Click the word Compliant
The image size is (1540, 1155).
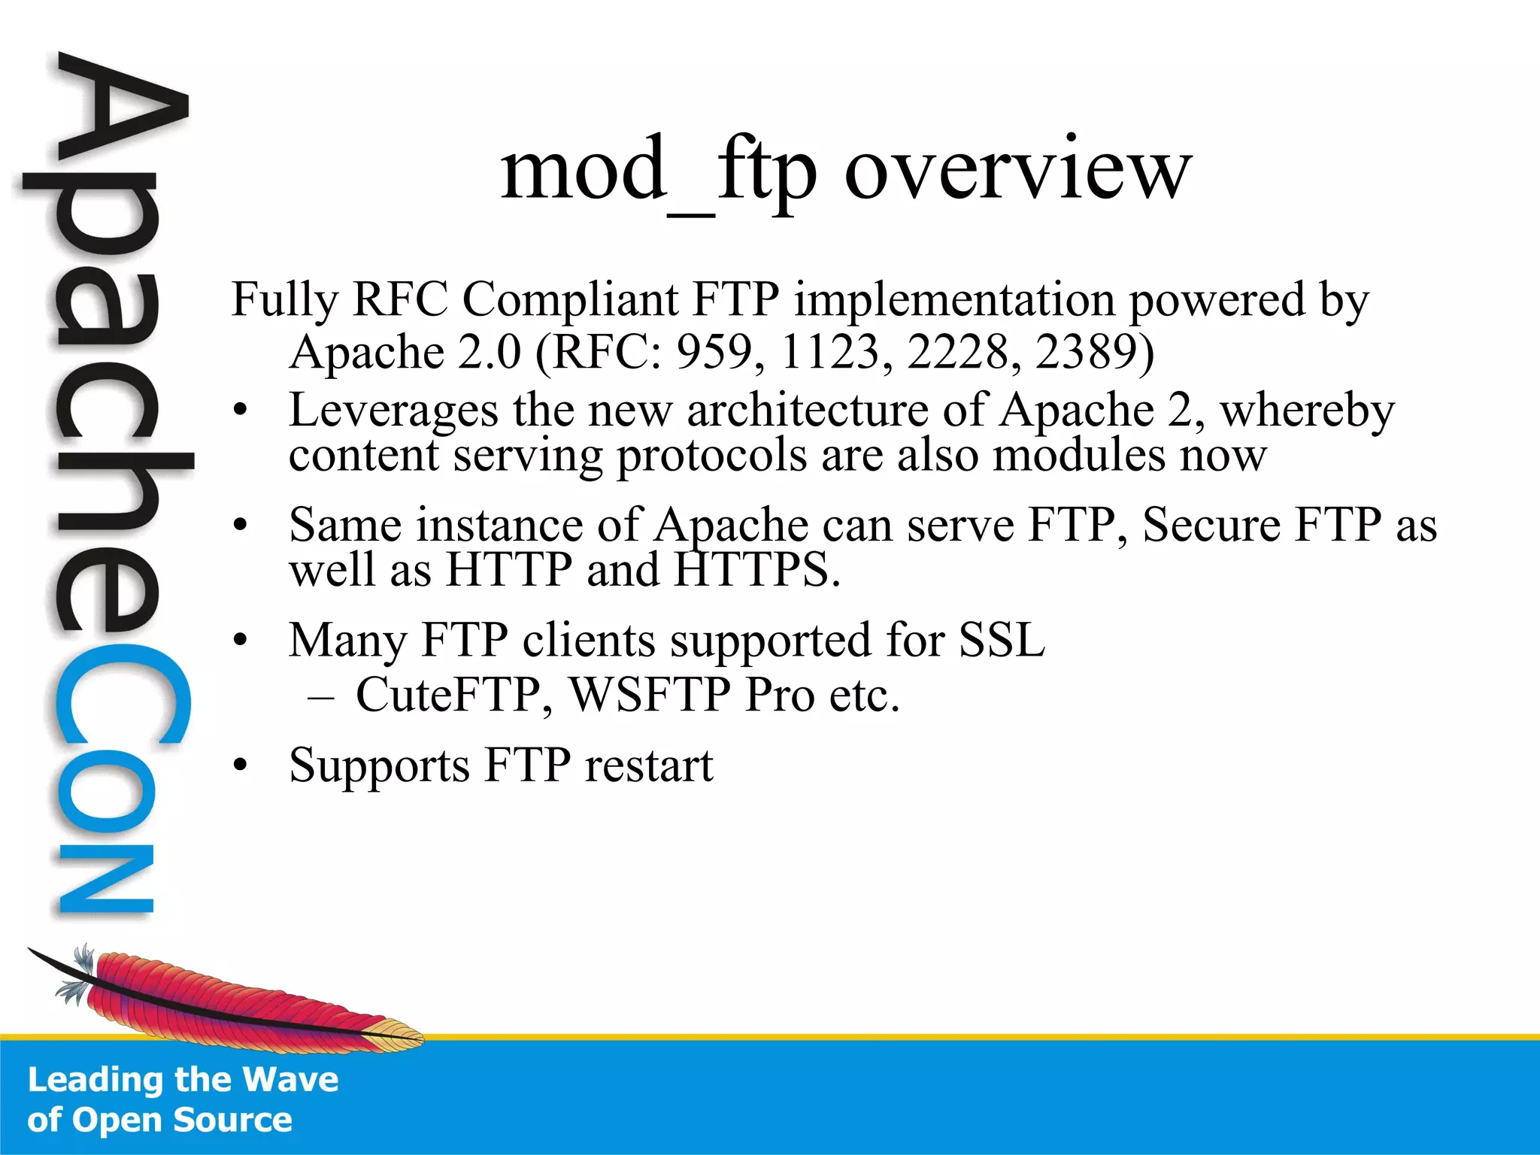(x=571, y=299)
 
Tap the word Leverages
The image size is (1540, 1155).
(x=393, y=411)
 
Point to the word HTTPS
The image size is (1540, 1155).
(x=756, y=570)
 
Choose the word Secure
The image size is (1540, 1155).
(x=1211, y=525)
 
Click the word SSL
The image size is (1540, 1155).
(x=1002, y=641)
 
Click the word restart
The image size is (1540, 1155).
(x=649, y=765)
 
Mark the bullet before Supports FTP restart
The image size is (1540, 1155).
(x=240, y=766)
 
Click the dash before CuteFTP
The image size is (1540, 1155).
(x=321, y=696)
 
